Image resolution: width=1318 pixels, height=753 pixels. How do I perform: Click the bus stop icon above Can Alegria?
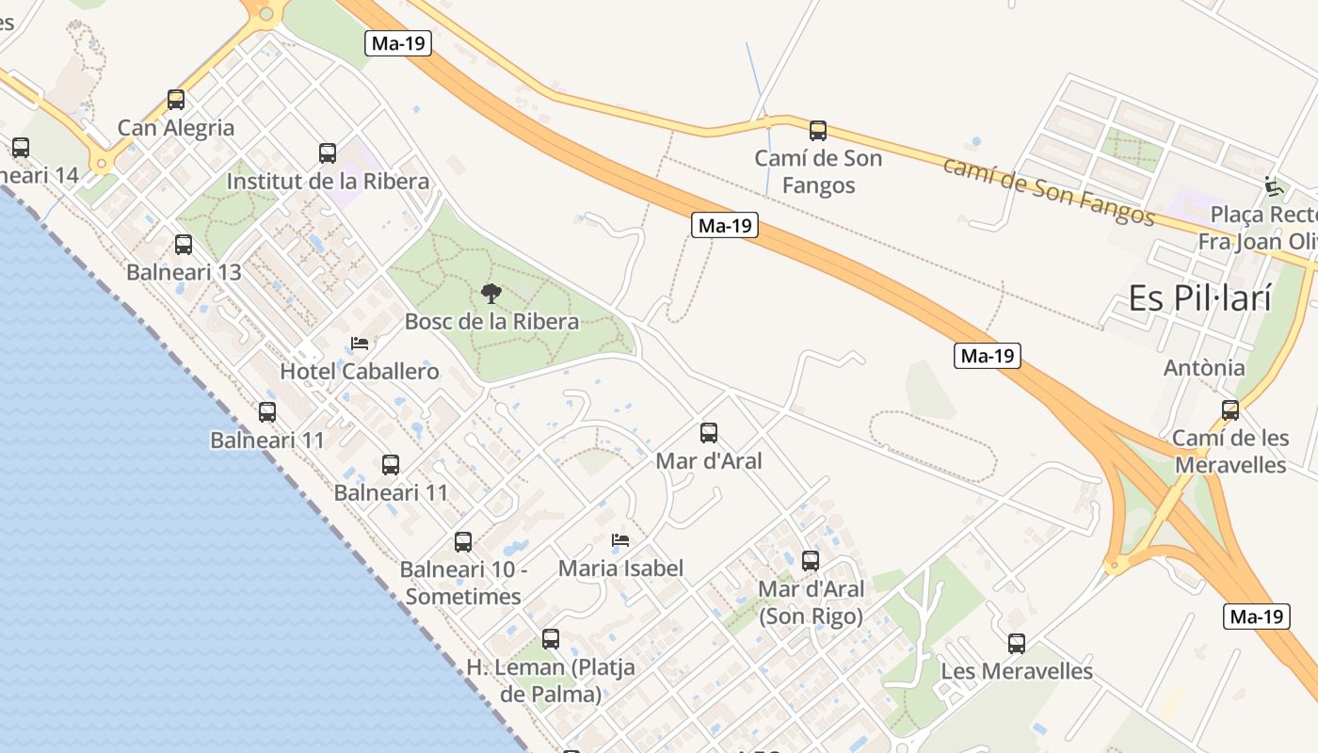[x=176, y=100]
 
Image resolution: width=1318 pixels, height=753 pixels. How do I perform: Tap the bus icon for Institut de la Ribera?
[x=328, y=153]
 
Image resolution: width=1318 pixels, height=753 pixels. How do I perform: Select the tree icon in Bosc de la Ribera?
[x=490, y=294]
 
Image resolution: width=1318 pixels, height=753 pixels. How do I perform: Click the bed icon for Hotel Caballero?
[x=360, y=344]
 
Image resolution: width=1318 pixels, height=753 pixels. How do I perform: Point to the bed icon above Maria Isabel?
[x=620, y=540]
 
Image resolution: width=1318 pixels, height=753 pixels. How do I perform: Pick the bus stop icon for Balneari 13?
[x=184, y=245]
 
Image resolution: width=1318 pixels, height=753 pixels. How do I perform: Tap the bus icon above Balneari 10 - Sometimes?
[x=463, y=542]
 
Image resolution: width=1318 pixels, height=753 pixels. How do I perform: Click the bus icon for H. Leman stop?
[x=551, y=639]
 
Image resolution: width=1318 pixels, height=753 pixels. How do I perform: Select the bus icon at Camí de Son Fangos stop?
[x=818, y=131]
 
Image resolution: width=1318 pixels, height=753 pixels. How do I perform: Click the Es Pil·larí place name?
[x=1200, y=298]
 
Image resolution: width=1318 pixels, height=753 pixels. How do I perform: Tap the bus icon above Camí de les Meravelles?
[x=1230, y=410]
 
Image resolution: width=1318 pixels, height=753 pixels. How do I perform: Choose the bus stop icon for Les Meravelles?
[x=1017, y=644]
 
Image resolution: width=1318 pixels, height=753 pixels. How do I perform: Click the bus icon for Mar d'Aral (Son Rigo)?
[x=811, y=561]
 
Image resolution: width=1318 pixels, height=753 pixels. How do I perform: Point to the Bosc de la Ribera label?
[x=491, y=321]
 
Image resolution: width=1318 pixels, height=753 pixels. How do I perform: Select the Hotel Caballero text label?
[x=360, y=371]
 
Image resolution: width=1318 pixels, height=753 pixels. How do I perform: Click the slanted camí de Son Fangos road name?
[x=1048, y=193]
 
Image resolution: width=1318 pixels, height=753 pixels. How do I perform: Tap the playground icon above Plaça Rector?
[x=1275, y=186]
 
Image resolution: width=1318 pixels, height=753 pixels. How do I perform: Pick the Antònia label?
[x=1204, y=367]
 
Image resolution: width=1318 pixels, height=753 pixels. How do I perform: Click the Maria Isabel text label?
[x=620, y=568]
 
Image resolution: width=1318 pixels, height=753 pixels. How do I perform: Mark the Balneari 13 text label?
[x=184, y=272]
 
